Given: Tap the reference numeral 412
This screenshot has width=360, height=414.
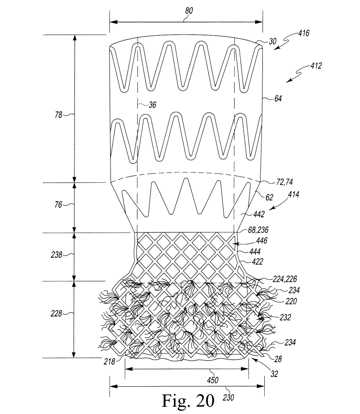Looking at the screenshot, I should point(316,66).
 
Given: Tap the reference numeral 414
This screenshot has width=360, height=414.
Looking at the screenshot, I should point(294,195).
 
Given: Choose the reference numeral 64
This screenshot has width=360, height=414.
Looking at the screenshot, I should point(278,98).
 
